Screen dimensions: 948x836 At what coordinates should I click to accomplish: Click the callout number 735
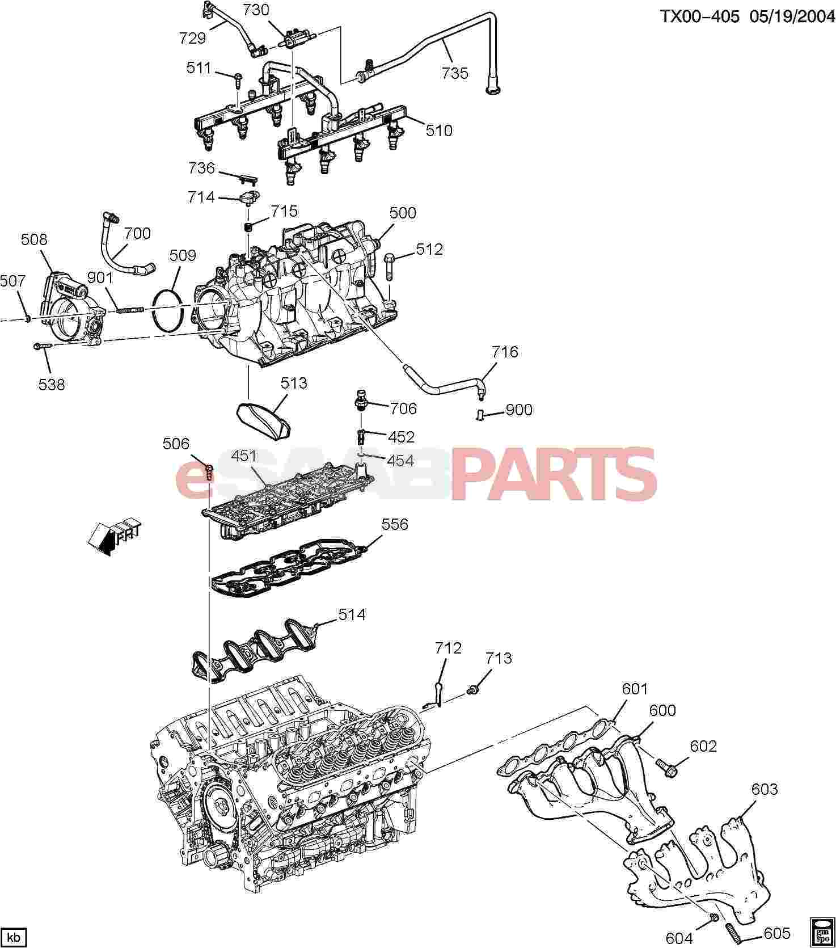(x=455, y=73)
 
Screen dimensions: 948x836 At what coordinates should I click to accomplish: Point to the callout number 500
(x=403, y=213)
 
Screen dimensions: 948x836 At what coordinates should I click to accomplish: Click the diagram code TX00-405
(x=700, y=16)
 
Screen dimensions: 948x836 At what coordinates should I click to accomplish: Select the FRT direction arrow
(x=113, y=536)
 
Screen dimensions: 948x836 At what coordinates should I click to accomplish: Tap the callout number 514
(x=352, y=614)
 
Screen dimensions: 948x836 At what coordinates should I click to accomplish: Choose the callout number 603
(x=765, y=789)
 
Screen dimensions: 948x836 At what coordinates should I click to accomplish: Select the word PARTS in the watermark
(x=553, y=479)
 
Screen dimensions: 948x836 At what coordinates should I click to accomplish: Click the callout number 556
(x=395, y=524)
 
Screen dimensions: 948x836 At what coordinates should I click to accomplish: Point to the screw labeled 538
(x=42, y=345)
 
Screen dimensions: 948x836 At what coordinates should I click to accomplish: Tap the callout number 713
(x=499, y=658)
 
